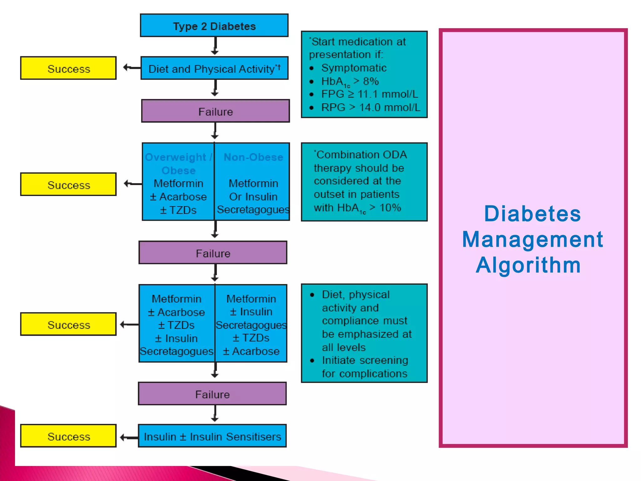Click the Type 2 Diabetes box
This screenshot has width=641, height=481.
214,26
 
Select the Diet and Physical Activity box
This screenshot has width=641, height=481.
214,68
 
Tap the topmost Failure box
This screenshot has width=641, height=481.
215,111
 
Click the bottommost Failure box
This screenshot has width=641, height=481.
212,394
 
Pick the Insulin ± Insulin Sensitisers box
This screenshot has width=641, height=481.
212,436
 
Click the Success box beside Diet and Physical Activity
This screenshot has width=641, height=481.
69,68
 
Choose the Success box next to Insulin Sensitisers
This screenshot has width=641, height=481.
69,436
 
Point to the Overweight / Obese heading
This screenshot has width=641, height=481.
178,163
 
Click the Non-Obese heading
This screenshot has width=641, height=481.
253,157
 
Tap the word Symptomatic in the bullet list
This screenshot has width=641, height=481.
354,68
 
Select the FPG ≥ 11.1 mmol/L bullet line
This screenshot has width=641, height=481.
369,94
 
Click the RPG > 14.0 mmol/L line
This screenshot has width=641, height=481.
371,107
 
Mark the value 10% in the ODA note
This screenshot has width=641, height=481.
390,207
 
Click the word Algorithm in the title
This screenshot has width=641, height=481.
528,265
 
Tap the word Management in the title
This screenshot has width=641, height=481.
532,239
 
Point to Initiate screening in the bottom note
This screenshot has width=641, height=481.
365,360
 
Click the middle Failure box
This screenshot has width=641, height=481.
213,253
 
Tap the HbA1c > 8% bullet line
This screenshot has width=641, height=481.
350,81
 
